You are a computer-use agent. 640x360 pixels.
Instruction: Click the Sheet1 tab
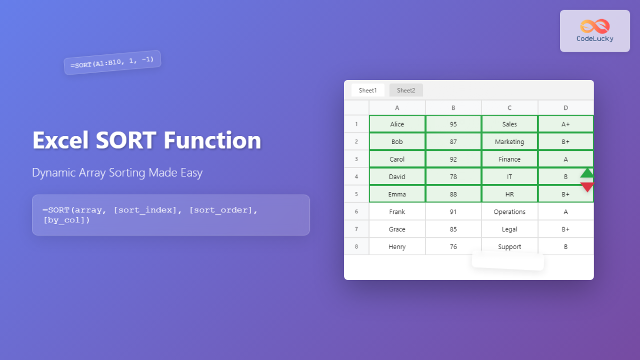pos(367,90)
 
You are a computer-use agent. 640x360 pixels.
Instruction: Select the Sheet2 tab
pos(406,90)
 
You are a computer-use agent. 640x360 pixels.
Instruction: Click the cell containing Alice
pos(397,124)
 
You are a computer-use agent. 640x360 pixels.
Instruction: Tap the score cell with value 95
pos(453,124)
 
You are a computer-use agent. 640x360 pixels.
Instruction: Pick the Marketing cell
pos(509,142)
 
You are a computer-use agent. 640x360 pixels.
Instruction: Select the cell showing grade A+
pos(565,124)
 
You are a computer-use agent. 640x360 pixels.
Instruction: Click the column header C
pos(509,108)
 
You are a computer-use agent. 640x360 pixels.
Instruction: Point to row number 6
pos(356,212)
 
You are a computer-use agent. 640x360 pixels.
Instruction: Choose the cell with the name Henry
pos(397,247)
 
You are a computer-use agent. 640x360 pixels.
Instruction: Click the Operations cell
pos(509,212)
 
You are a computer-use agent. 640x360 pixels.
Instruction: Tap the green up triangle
pos(587,173)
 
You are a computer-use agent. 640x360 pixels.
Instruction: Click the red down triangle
pos(587,187)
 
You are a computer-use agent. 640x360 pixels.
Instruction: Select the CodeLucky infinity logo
pos(595,26)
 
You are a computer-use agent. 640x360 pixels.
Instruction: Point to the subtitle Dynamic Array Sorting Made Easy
pos(117,173)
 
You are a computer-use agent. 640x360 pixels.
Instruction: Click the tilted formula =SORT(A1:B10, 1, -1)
pos(112,62)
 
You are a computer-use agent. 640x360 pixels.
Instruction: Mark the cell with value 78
pos(453,177)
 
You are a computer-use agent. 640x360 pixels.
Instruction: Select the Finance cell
pos(509,159)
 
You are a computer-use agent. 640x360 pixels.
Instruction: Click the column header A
pos(397,108)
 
